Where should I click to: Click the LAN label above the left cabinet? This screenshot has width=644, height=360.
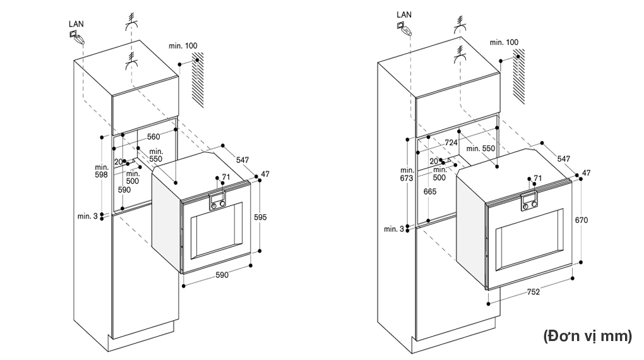click(x=76, y=24)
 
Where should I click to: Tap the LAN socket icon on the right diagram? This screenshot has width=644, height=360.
click(x=403, y=28)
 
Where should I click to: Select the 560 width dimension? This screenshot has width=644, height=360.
click(x=153, y=137)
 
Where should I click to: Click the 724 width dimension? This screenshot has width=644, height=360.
click(x=451, y=143)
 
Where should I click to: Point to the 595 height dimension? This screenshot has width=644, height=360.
click(x=260, y=217)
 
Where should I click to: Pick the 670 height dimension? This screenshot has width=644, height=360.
click(x=581, y=220)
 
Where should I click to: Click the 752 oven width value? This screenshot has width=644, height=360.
click(x=533, y=292)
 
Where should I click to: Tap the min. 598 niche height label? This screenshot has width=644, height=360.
click(x=102, y=171)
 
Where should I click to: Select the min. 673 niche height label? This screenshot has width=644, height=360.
click(x=407, y=174)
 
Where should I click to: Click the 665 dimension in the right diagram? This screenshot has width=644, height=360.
click(x=429, y=191)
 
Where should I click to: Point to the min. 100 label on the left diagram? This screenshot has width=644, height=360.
click(x=182, y=45)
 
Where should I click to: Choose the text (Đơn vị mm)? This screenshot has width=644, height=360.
click(x=588, y=336)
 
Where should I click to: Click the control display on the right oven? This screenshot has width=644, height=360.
click(x=529, y=201)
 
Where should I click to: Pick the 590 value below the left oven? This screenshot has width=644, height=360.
click(x=222, y=275)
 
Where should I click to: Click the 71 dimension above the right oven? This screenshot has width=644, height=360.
click(x=538, y=178)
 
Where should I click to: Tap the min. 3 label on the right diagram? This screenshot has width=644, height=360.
click(x=394, y=229)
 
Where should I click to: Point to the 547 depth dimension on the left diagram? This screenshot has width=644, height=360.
click(x=242, y=160)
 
